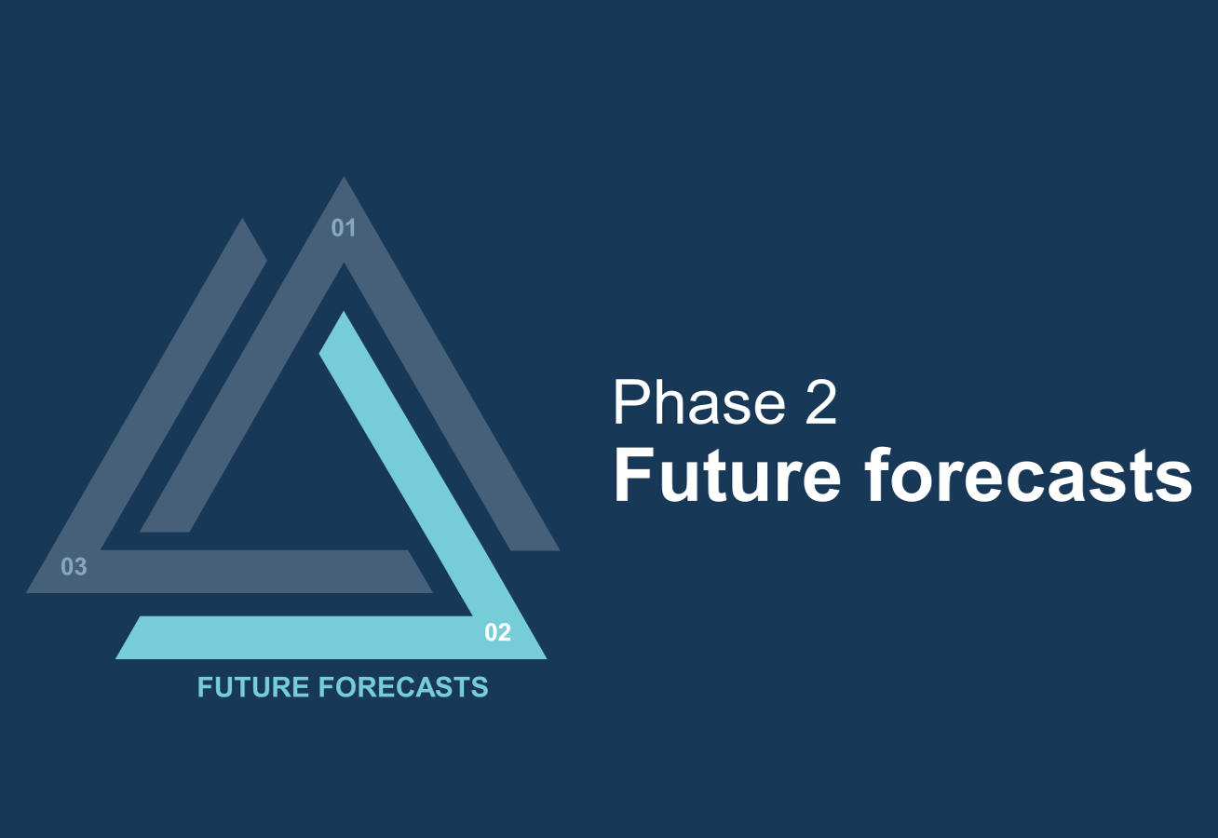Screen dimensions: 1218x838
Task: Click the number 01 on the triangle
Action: point(343,228)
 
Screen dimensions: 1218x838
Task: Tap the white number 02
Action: point(497,632)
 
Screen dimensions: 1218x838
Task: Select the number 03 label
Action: point(74,567)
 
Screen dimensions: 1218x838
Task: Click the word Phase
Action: point(699,402)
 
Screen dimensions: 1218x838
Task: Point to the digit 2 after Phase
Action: point(821,403)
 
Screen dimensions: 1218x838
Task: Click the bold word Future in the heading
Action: point(727,475)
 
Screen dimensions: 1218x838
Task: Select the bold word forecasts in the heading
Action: point(1028,475)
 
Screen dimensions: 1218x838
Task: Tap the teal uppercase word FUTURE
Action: point(253,687)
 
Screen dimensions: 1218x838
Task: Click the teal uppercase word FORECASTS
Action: point(403,687)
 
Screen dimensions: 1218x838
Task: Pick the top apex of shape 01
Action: point(344,177)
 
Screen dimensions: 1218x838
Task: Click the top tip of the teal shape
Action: point(344,312)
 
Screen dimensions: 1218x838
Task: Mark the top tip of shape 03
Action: point(242,219)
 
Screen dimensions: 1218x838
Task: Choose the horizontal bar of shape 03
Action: point(229,572)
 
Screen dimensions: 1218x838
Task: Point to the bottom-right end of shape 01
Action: point(535,549)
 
